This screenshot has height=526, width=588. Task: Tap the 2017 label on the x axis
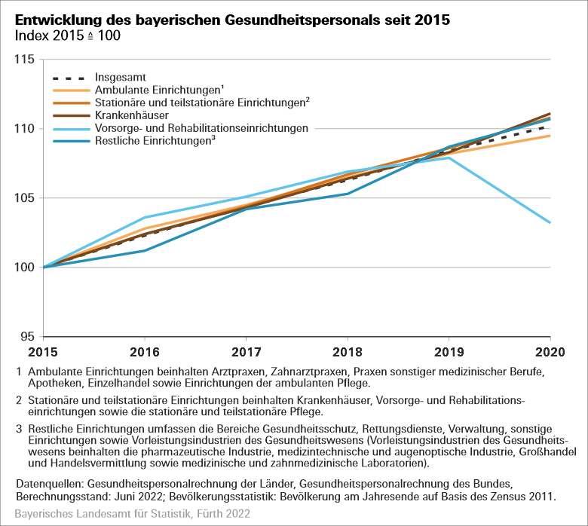247,353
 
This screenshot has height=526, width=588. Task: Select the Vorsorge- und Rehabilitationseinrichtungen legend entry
201,128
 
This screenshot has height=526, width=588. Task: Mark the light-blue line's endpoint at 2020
550,223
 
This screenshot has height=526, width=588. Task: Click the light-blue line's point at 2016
145,217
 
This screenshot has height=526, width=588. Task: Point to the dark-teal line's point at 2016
145,250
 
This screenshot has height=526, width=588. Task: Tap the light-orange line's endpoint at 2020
550,136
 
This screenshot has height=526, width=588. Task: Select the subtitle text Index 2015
54,35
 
